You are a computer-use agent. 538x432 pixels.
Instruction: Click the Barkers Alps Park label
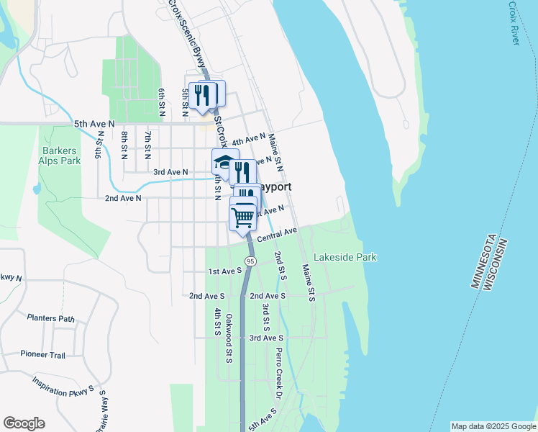click(x=61, y=156)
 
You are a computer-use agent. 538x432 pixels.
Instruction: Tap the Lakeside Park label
click(x=346, y=257)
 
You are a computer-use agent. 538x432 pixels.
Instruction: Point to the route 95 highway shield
click(x=250, y=261)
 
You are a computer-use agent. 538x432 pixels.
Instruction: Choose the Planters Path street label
click(x=50, y=318)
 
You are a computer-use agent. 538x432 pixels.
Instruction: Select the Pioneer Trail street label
click(x=43, y=355)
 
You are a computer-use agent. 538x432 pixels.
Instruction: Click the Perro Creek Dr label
click(x=279, y=374)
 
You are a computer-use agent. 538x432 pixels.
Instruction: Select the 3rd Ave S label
click(x=266, y=338)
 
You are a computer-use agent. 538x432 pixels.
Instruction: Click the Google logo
click(x=24, y=423)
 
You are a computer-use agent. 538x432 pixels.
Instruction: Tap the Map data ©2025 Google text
click(x=493, y=426)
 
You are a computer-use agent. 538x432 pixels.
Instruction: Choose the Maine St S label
click(x=307, y=283)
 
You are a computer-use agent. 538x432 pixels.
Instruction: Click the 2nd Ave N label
click(x=123, y=198)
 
